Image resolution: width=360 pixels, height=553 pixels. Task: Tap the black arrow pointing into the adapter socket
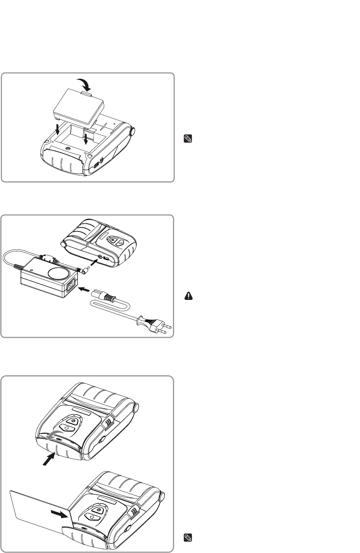tap(84, 290)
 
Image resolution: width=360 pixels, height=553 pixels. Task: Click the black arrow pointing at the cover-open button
tap(50, 459)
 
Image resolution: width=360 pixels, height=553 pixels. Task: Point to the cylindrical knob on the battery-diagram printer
tap(132, 131)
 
